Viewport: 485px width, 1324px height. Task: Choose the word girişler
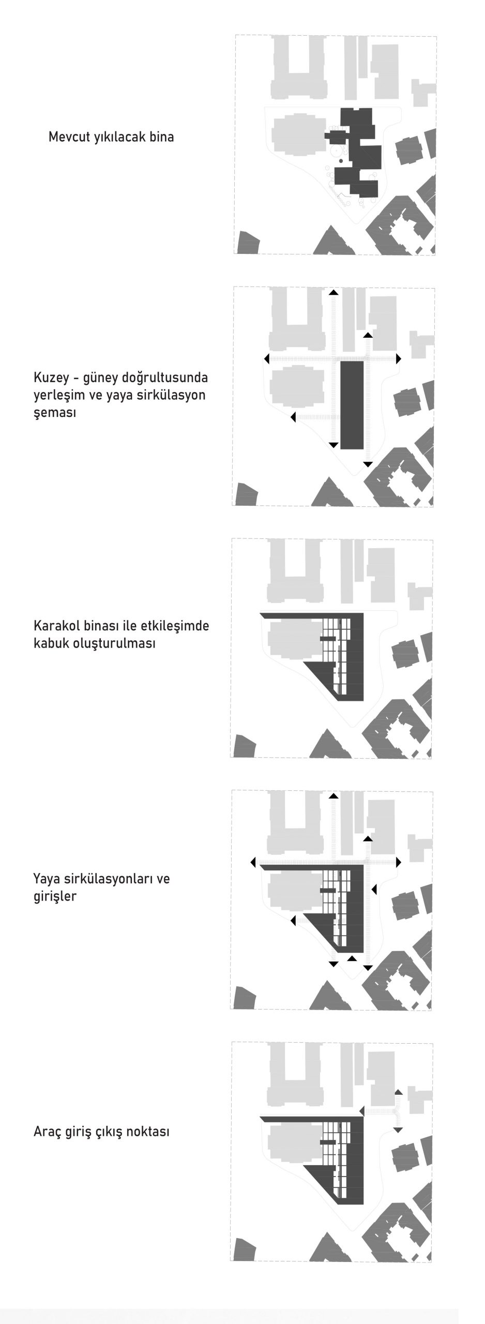[x=55, y=896]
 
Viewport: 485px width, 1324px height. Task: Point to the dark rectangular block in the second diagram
[x=352, y=405]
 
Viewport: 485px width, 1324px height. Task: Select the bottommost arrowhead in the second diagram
[x=368, y=464]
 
